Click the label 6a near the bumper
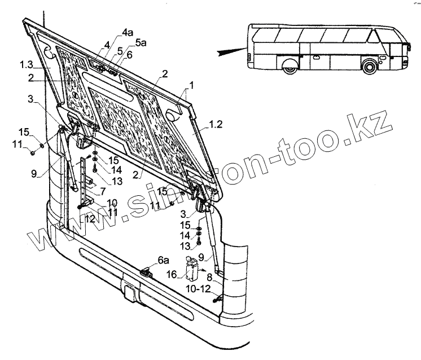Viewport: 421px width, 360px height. [163, 261]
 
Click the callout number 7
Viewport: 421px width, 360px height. [103, 191]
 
